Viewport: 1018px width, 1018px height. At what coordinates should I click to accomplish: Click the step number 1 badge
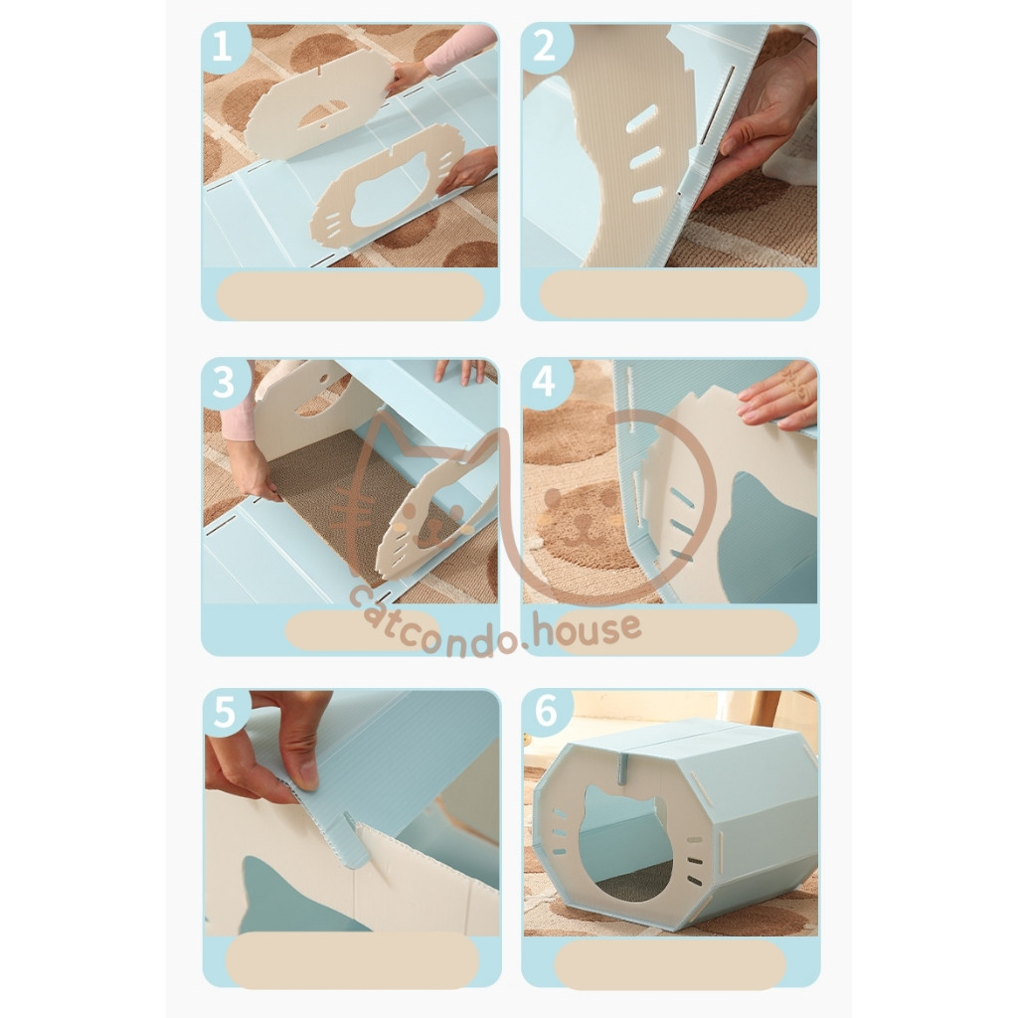222,46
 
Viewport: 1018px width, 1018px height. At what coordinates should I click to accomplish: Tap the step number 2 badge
544,46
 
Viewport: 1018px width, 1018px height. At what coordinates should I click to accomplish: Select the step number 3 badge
224,383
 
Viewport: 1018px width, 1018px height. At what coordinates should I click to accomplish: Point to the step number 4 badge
544,381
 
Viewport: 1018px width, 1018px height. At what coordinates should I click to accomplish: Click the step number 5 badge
224,712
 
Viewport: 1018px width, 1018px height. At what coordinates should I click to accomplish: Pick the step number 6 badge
546,711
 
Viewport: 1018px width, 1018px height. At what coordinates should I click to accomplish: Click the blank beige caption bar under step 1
350,295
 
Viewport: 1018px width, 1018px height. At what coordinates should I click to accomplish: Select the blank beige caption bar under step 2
673,294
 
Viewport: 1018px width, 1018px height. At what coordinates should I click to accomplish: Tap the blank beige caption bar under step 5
353,960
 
